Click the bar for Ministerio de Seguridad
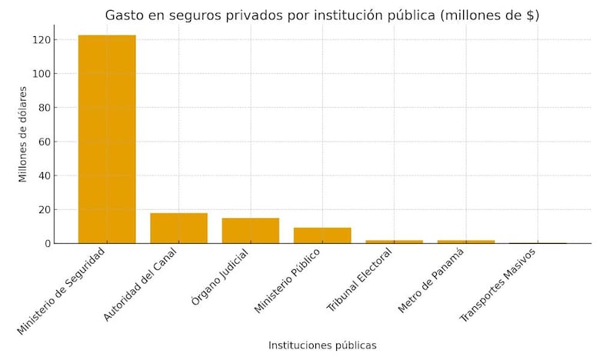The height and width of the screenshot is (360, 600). pos(107,139)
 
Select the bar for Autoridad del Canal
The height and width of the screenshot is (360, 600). pos(178,228)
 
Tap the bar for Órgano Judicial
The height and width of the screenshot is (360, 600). pos(251,231)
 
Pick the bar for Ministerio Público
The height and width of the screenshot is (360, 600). pos(322,235)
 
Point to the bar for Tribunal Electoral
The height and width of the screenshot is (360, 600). pos(394,242)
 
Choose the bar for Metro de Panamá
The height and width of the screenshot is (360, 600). pos(466,242)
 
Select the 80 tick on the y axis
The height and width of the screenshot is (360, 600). pos(43,108)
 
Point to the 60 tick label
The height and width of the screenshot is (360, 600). pos(43,142)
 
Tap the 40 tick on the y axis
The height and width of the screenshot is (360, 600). pos(43,175)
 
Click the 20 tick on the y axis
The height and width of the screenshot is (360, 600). pos(43,209)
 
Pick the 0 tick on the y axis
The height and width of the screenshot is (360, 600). pos(46,243)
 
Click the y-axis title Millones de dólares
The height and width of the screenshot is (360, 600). pos(23,134)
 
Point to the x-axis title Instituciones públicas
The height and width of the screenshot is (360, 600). pos(322,345)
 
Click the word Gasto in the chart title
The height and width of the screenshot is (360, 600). pos(124,15)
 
